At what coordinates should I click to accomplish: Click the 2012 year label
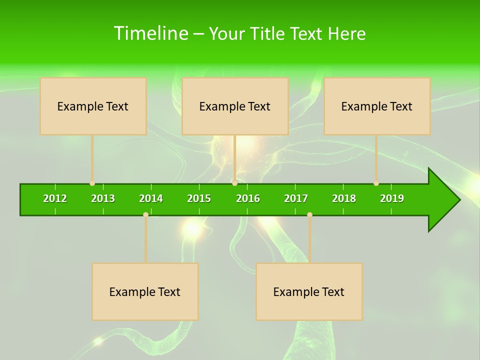tap(55, 198)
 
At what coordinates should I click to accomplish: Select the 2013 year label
tap(103, 198)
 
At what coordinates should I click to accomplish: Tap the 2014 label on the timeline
tap(151, 198)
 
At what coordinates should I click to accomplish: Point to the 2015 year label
tap(199, 198)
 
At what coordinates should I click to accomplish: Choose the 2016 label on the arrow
tap(248, 198)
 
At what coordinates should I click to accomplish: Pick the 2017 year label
tap(296, 198)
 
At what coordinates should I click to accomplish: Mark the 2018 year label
tap(344, 198)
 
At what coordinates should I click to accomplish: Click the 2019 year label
tap(392, 198)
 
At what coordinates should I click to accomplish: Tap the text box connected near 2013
tap(93, 106)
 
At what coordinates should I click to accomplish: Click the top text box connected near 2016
tap(235, 106)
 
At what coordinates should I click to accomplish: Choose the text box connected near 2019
tap(377, 106)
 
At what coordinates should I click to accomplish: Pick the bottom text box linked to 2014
tap(145, 291)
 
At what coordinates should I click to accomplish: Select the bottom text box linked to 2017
tap(309, 291)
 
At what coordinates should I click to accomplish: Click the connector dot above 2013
tap(92, 183)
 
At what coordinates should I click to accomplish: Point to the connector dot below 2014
tap(145, 215)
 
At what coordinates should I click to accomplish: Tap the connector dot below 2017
tap(309, 215)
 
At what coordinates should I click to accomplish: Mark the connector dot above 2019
tap(376, 183)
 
